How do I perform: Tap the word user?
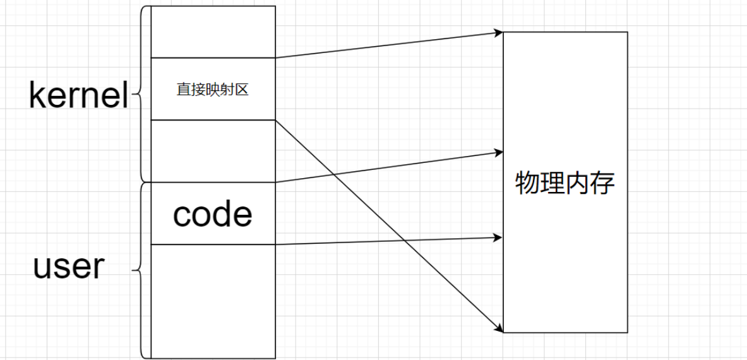(x=68, y=267)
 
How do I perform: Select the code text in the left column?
(x=213, y=215)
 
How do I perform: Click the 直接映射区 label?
(x=213, y=90)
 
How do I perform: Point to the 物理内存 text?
(x=565, y=184)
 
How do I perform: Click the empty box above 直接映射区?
(x=213, y=32)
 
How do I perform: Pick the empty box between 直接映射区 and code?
(x=213, y=150)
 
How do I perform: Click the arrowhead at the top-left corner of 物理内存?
(x=499, y=32)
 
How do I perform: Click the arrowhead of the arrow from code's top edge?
(x=499, y=152)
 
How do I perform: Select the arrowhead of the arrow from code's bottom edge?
(x=499, y=238)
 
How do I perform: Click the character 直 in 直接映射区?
(x=183, y=90)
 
